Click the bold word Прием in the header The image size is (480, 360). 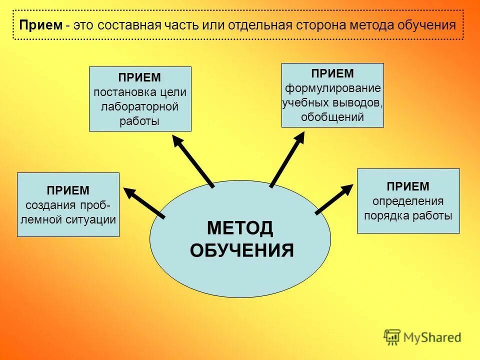tap(40, 25)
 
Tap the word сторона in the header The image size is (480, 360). tap(332, 25)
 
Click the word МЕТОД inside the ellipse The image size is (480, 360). tap(240, 228)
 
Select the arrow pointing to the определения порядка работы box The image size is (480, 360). tap(334, 199)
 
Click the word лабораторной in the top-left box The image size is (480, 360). tap(139, 106)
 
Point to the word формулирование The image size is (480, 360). tap(333, 88)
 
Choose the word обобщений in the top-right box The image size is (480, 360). tap(332, 117)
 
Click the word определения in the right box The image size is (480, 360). tap(408, 201)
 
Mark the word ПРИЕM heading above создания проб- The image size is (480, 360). tap(68, 190)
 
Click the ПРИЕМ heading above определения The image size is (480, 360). tap(408, 186)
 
